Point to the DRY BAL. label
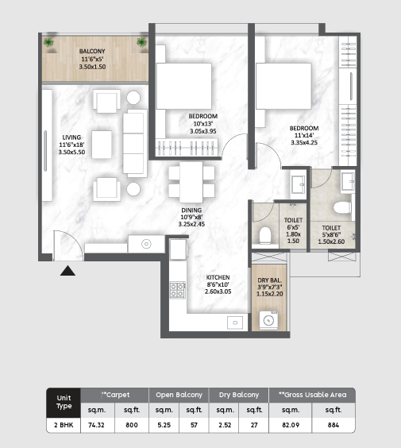coord(268,281)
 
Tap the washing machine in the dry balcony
coord(268,319)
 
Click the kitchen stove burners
coord(177,291)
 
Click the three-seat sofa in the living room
coord(135,143)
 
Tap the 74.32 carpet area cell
coord(96,425)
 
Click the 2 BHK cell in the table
coord(62,425)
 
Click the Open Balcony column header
coord(179,394)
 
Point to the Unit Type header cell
coord(62,401)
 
